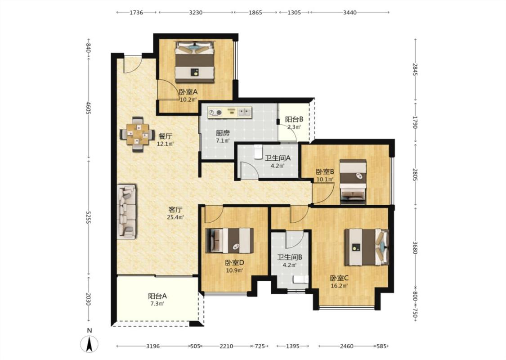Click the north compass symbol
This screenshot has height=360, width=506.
pyautogui.click(x=90, y=344)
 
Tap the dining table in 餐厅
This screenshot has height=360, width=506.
pyautogui.click(x=138, y=134)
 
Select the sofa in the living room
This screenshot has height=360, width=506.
pyautogui.click(x=126, y=212)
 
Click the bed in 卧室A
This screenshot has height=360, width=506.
pyautogui.click(x=195, y=62)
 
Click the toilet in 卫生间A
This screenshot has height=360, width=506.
pyautogui.click(x=258, y=152)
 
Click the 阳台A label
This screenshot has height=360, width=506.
pyautogui.click(x=157, y=296)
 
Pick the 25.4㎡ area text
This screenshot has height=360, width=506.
pyautogui.click(x=175, y=217)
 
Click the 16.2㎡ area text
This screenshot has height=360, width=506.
pyautogui.click(x=339, y=286)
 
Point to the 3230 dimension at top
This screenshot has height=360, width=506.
pyautogui.click(x=196, y=13)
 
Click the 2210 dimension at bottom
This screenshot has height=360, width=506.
pyautogui.click(x=226, y=346)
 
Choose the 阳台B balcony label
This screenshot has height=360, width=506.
pyautogui.click(x=294, y=119)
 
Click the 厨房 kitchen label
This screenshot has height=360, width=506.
pyautogui.click(x=223, y=133)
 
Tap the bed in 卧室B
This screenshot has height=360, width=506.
pyautogui.click(x=353, y=181)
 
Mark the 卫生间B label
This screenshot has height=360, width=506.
pyautogui.click(x=290, y=257)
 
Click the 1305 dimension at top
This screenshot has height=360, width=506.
pyautogui.click(x=294, y=13)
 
